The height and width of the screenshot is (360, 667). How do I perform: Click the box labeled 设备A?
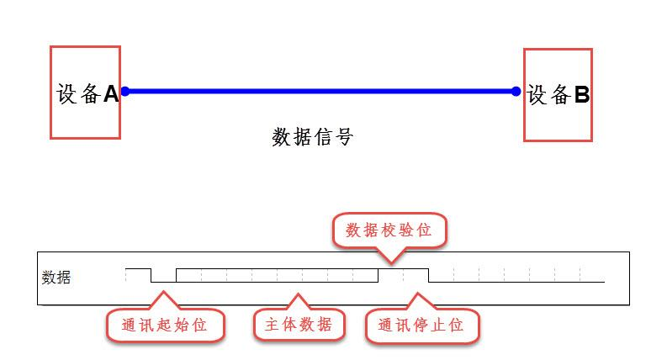pyautogui.click(x=85, y=93)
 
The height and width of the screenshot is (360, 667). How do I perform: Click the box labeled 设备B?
pyautogui.click(x=558, y=94)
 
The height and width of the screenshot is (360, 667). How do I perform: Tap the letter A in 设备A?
pyautogui.click(x=111, y=94)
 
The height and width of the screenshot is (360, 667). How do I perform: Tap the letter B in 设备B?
pyautogui.click(x=581, y=95)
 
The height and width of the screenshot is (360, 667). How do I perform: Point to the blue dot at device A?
pyautogui.click(x=124, y=90)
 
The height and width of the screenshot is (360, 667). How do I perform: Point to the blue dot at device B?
pyautogui.click(x=516, y=91)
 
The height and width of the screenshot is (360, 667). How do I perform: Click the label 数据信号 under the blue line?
pyautogui.click(x=312, y=137)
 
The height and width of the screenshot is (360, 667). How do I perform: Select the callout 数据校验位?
pyautogui.click(x=389, y=230)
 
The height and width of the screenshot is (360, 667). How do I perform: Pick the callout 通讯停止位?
pyautogui.click(x=421, y=325)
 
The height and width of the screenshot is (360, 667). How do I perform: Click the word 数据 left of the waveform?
pyautogui.click(x=56, y=277)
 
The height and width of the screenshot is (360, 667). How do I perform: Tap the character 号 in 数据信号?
pyautogui.click(x=342, y=137)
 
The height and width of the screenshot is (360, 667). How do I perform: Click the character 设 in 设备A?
pyautogui.click(x=67, y=94)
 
